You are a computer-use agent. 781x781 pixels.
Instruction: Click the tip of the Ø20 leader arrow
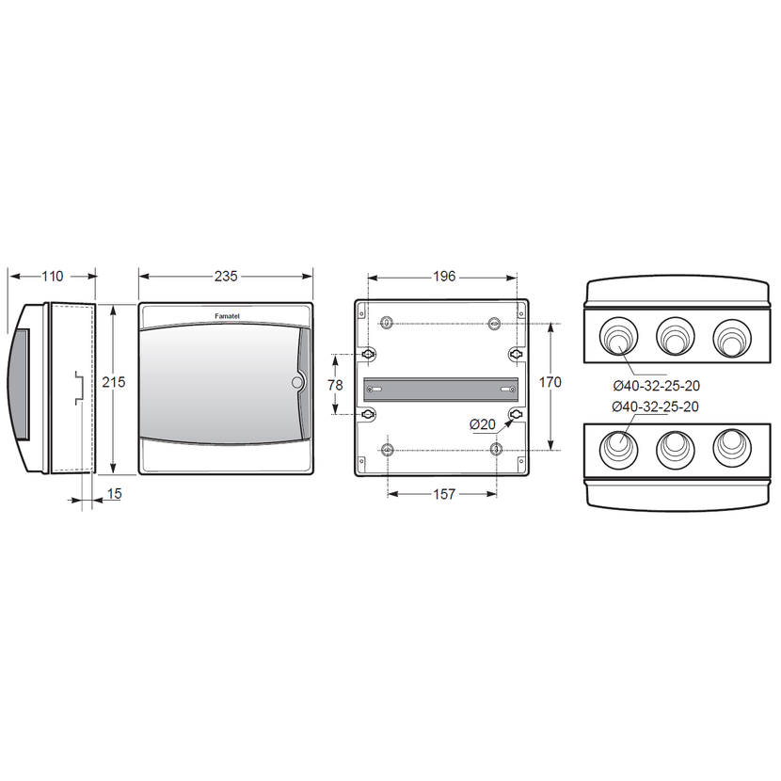click(513, 419)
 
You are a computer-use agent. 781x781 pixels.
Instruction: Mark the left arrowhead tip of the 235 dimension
click(139, 277)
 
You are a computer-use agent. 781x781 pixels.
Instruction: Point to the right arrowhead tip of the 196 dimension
click(517, 278)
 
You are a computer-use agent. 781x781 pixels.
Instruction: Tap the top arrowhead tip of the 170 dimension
click(550, 325)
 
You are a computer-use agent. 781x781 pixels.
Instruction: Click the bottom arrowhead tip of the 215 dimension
click(114, 472)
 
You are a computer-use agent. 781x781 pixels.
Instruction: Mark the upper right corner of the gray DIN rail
click(518, 378)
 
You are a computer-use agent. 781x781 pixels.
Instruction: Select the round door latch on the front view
click(296, 383)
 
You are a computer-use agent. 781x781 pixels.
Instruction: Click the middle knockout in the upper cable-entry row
click(675, 337)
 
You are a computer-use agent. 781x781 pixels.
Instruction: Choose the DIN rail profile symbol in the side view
click(79, 388)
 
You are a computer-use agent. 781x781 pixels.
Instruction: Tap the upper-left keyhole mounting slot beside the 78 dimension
click(368, 354)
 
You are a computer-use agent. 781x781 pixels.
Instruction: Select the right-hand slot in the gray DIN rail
click(507, 389)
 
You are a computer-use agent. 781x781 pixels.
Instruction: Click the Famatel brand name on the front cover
click(227, 316)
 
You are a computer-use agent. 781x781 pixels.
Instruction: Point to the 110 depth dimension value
click(53, 277)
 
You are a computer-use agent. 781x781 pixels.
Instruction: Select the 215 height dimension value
click(114, 382)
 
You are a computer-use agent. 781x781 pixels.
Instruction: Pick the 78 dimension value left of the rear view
click(335, 385)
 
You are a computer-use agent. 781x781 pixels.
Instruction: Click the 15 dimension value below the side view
click(114, 494)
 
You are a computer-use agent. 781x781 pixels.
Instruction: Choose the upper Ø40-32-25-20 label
click(657, 386)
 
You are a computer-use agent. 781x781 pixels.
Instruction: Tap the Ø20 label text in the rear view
click(483, 424)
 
